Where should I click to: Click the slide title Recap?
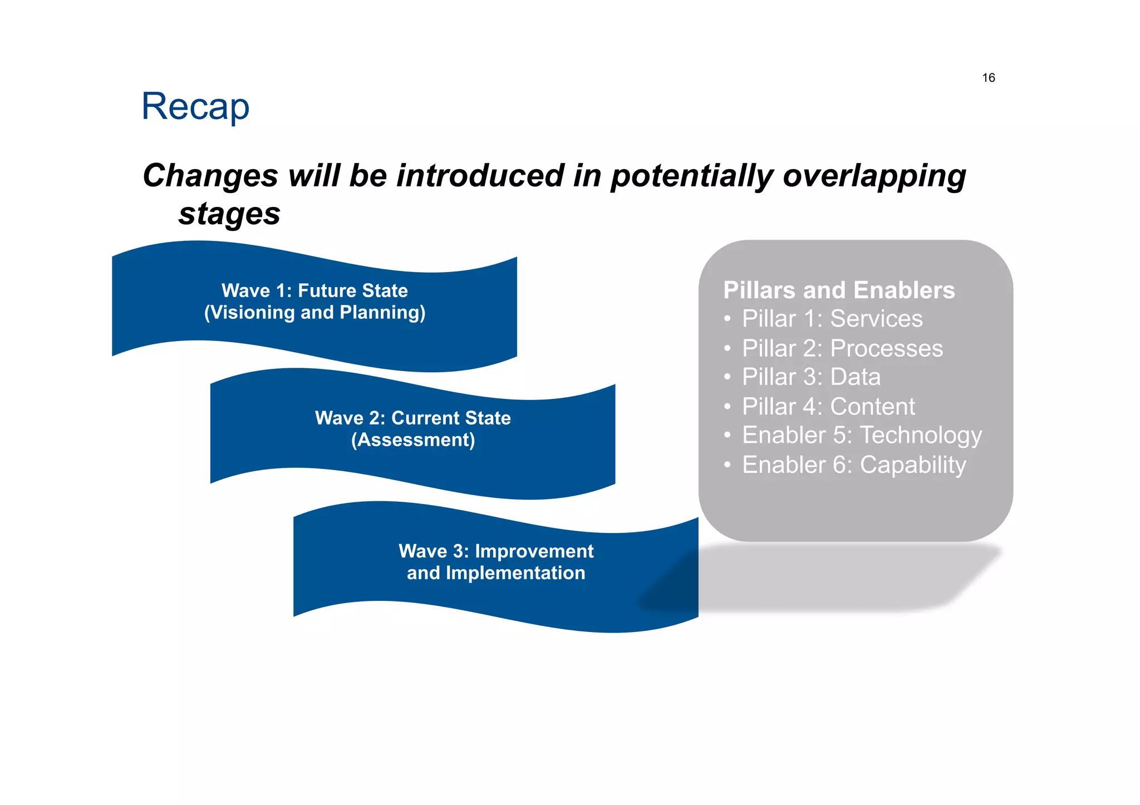pyautogui.click(x=195, y=107)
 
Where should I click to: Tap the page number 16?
pyautogui.click(x=988, y=78)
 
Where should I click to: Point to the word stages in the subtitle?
pyautogui.click(x=229, y=214)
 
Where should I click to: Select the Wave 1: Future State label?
pyautogui.click(x=315, y=290)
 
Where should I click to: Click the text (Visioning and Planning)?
pyautogui.click(x=315, y=313)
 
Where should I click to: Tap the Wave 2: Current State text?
pyautogui.click(x=412, y=418)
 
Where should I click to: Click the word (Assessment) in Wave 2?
pyautogui.click(x=412, y=440)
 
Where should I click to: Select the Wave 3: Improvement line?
pyautogui.click(x=496, y=551)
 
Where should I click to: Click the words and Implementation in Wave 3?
pyautogui.click(x=496, y=573)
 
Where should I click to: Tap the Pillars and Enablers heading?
pyautogui.click(x=838, y=290)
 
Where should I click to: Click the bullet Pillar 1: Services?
pyautogui.click(x=832, y=319)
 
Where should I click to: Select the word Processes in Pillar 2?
pyautogui.click(x=886, y=349)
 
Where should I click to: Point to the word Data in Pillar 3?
pyautogui.click(x=855, y=377)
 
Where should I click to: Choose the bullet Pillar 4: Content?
pyautogui.click(x=828, y=407)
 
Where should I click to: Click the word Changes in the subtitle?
pyautogui.click(x=210, y=176)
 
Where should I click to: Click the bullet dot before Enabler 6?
pyautogui.click(x=727, y=465)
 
